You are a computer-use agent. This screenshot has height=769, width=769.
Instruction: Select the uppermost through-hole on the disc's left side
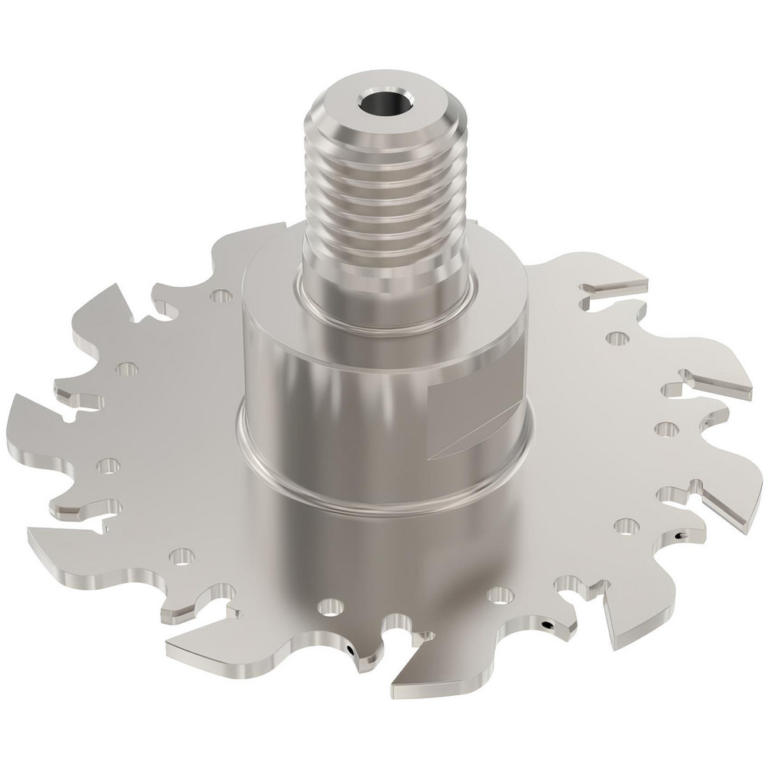(222, 295)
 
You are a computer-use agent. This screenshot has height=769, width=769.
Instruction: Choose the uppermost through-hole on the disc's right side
(615, 337)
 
